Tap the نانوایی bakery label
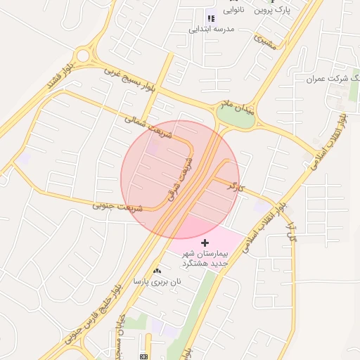coord(235,10)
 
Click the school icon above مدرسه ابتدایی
coord(210,18)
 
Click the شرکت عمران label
coord(331,78)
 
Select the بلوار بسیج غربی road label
coord(129,79)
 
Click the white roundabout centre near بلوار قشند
coord(84,54)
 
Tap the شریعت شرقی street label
coord(177,175)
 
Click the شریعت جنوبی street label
coord(117,207)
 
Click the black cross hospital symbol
coord(205,242)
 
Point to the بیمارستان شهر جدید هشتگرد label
coord(205,257)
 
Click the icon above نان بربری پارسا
coord(157,270)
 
